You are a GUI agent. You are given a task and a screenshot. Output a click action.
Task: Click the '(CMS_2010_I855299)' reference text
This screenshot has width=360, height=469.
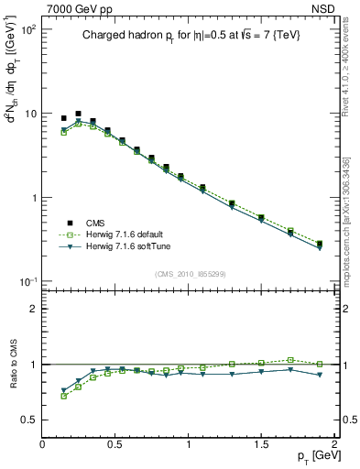[190, 274]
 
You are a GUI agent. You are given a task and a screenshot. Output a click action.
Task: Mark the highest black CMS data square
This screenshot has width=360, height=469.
[78, 114]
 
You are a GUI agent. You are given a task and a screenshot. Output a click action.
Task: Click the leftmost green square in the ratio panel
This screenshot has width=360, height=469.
[63, 396]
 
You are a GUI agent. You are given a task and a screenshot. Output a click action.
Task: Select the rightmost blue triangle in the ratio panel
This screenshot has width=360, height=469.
[320, 375]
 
